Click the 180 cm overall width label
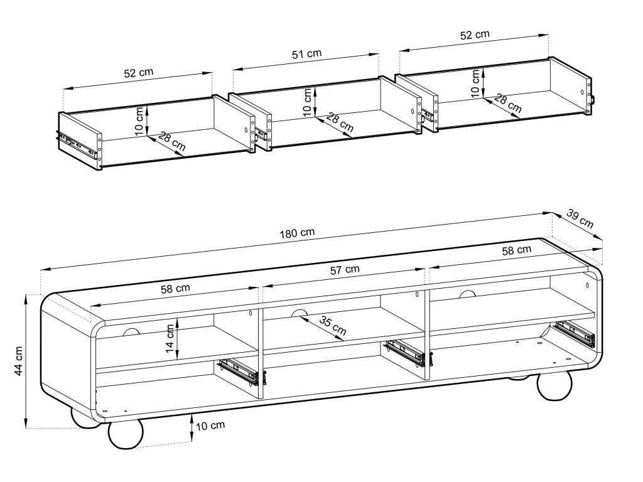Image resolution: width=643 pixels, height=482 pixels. (298, 232)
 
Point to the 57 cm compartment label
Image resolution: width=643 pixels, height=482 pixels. (345, 269)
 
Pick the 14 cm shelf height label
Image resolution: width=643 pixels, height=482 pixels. (170, 339)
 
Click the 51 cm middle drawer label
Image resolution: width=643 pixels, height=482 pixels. (307, 54)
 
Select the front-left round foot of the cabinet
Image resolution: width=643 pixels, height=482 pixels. (126, 434)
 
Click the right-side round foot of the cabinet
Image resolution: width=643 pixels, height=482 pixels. (554, 387)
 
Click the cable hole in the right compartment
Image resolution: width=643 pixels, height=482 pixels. (467, 294)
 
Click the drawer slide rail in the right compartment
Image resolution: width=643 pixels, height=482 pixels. (574, 333)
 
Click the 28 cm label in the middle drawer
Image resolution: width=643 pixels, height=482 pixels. (340, 123)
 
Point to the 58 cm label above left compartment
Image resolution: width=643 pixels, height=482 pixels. (175, 289)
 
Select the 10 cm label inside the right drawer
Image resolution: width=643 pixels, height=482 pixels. (475, 82)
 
